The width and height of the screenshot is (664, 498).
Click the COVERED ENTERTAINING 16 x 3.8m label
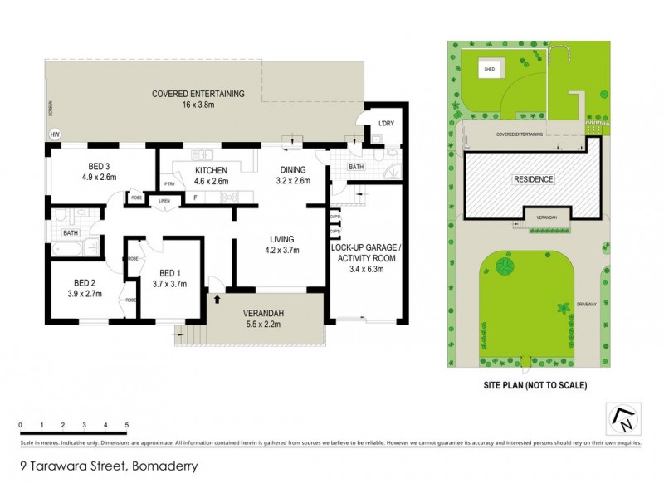198,100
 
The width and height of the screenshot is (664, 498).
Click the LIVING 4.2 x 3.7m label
281,243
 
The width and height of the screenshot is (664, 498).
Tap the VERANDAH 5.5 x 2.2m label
264,319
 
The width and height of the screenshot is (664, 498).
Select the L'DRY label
385,124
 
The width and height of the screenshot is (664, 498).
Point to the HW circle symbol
56,134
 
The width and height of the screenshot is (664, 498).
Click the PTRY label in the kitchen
169,184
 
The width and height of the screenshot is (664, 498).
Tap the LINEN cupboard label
164,201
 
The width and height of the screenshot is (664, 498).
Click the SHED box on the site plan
490,70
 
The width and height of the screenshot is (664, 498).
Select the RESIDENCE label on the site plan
533,179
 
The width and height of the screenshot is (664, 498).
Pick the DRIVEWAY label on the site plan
590,304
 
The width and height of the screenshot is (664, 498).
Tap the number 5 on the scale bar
126,425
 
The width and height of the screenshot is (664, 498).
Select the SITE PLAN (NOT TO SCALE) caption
535,385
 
